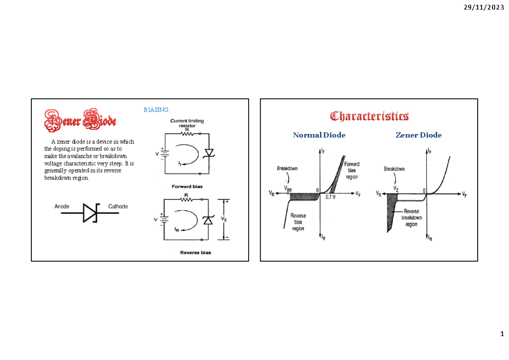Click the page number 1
click(x=502, y=333)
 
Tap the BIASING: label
click(x=157, y=110)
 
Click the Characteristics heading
click(x=369, y=116)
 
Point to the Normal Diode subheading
click(x=319, y=135)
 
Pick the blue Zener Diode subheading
click(x=419, y=135)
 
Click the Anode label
click(x=62, y=207)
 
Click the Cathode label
click(x=118, y=207)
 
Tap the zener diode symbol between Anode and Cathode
click(x=90, y=213)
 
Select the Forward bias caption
click(x=187, y=186)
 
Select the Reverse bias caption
click(x=196, y=253)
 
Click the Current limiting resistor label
click(x=187, y=123)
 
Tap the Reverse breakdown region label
click(x=411, y=218)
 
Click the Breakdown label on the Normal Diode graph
click(x=287, y=168)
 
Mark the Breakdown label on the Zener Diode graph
click(x=394, y=169)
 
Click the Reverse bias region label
click(x=298, y=222)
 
